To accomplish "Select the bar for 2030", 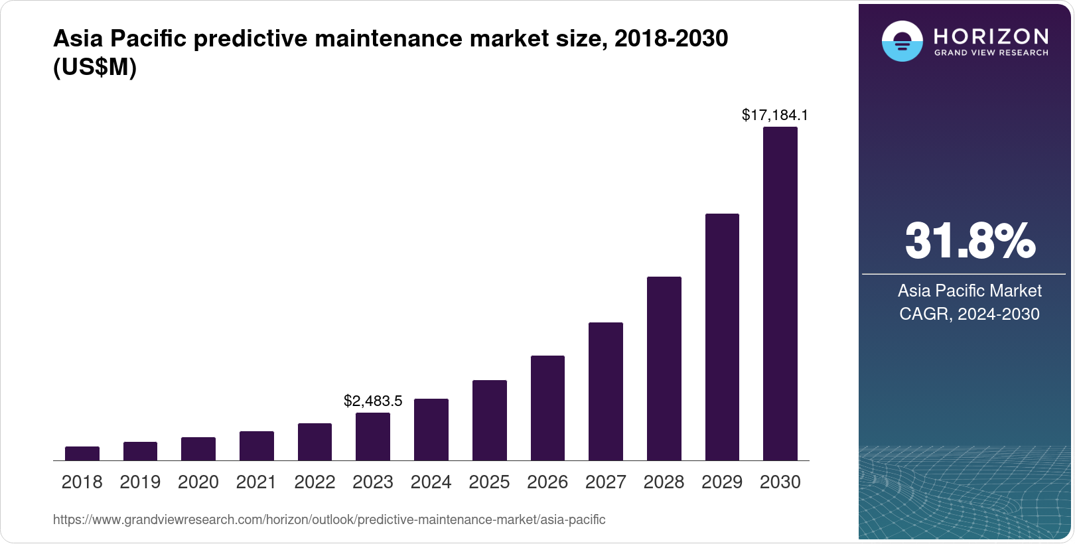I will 780,294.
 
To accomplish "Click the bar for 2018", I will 82,454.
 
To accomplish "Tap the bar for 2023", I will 373,437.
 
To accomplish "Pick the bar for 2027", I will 605,391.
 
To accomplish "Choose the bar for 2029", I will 722,337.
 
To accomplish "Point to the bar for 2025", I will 489,421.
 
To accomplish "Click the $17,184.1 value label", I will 774,115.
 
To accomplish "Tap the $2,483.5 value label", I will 373,401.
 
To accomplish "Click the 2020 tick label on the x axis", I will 198,482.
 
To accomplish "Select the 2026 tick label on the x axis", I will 547,482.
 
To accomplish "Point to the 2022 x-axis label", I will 315,482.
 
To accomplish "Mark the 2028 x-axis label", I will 664,482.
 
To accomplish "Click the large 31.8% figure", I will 969,241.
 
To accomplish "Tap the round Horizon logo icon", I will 902,42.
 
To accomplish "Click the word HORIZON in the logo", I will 991,36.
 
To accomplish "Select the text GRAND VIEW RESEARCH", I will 991,53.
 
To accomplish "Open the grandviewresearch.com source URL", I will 329,519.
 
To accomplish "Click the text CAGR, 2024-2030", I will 969,314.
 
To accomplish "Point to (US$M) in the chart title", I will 95,68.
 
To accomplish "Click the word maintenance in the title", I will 389,38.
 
